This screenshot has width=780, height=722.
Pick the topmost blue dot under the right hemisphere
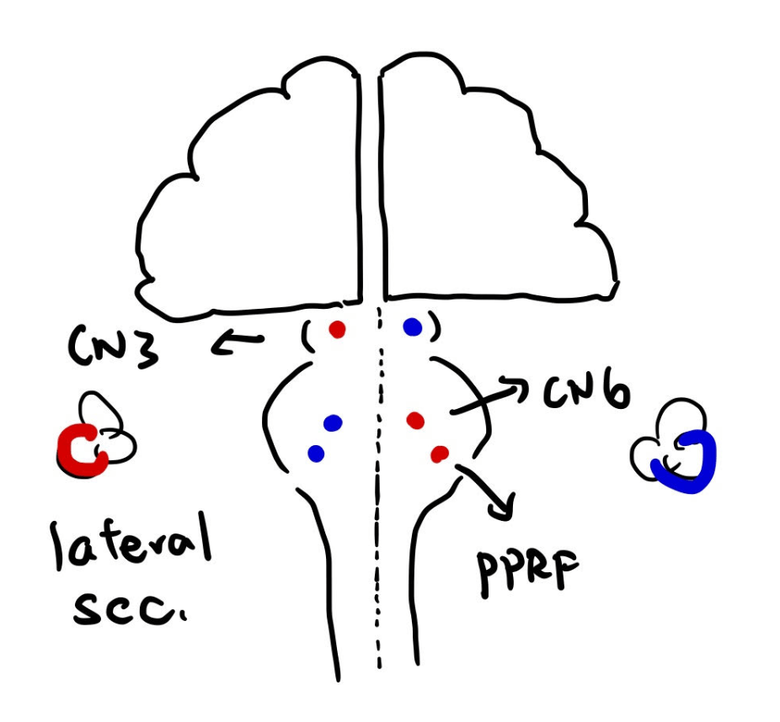tap(412, 327)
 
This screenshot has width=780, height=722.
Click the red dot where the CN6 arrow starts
tap(414, 419)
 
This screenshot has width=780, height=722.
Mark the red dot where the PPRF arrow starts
tap(438, 454)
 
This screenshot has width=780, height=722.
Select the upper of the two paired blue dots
tap(332, 422)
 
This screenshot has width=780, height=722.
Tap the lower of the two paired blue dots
tap(316, 454)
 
